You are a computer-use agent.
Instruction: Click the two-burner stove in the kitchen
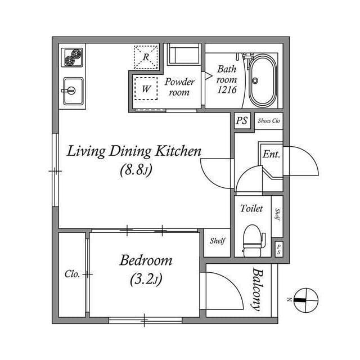[72, 57]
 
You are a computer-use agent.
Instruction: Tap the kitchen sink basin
[73, 91]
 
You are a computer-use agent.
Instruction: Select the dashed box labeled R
[146, 57]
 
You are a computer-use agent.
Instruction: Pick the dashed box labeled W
[146, 88]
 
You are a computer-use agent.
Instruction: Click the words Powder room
[179, 87]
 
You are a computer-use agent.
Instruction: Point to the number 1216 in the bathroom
[227, 90]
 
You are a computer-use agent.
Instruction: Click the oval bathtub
[263, 80]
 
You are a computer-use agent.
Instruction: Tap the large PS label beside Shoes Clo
[242, 120]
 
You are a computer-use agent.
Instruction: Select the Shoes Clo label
[269, 120]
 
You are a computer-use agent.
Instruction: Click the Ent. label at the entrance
[271, 154]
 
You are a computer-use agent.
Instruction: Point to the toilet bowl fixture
[254, 240]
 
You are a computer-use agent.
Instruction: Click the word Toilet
[251, 208]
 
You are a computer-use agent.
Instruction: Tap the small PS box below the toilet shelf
[279, 249]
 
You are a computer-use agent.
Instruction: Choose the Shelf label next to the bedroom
[217, 241]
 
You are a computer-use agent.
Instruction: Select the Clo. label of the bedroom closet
[72, 274]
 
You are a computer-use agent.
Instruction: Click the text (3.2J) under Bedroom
[146, 280]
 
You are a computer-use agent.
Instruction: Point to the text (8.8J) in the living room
[136, 170]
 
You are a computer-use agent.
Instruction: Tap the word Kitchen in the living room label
[178, 151]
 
